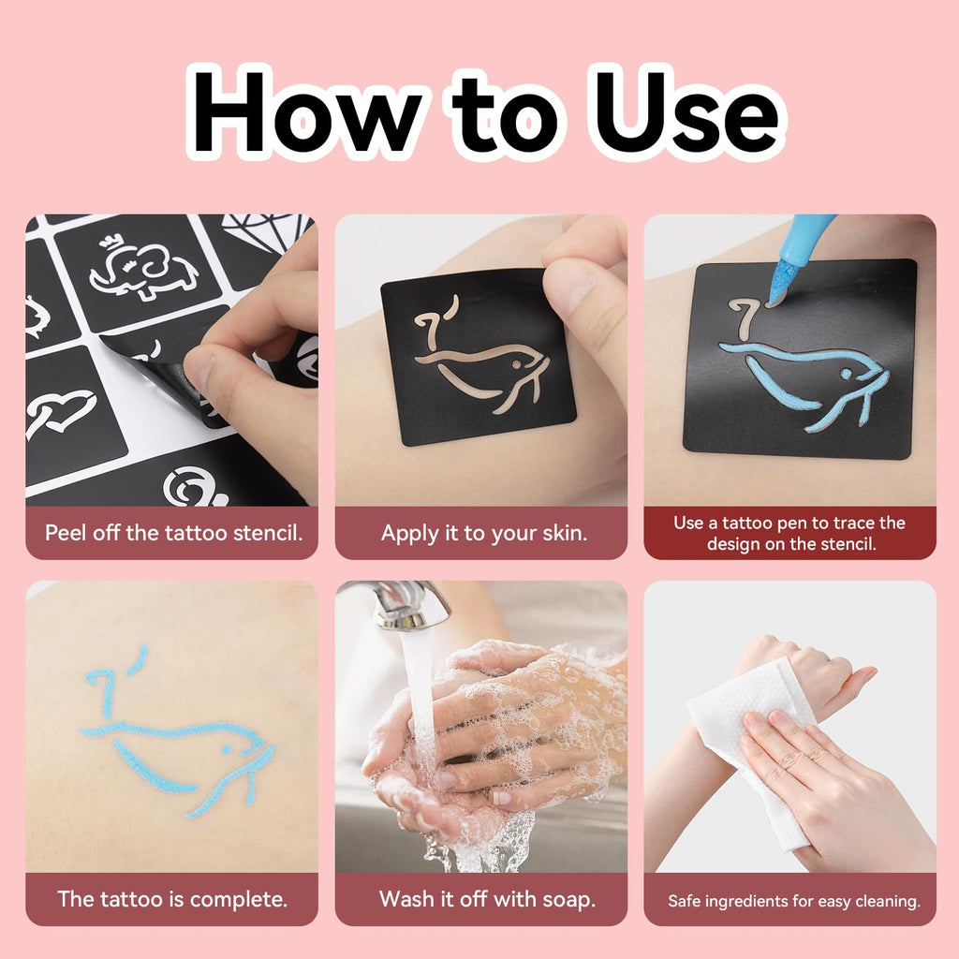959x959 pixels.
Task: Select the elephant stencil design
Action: [143, 269]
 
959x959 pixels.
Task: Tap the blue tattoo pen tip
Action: [780, 283]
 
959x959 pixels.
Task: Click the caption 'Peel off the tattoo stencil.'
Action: [173, 533]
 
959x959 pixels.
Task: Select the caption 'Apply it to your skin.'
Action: [484, 533]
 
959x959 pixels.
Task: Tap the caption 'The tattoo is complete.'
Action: [172, 899]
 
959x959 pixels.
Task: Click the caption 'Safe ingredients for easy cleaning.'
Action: [794, 901]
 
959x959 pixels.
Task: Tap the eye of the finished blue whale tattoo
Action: [227, 749]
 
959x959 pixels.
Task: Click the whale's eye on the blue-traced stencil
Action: [847, 373]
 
